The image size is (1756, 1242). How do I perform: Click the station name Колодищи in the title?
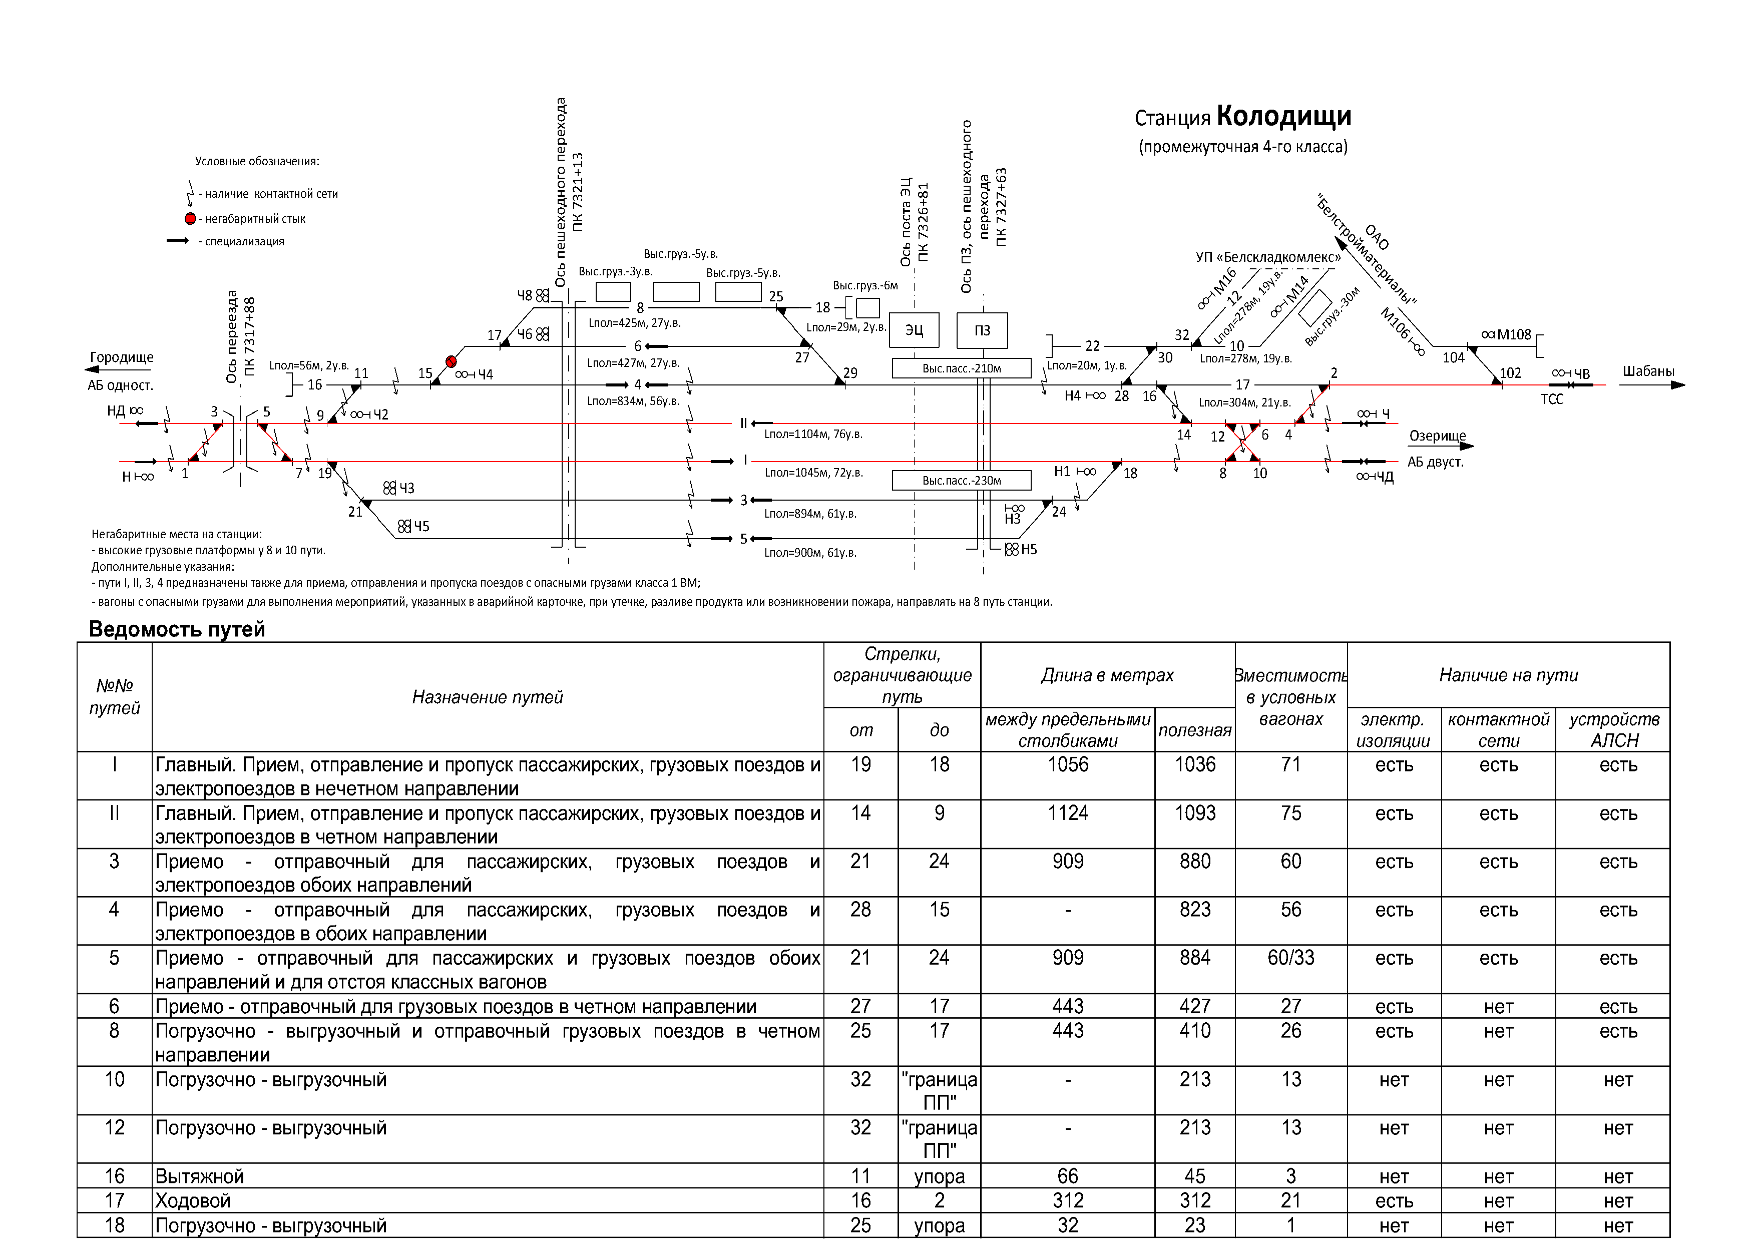coord(1283,116)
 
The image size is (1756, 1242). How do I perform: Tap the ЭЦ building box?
coord(914,330)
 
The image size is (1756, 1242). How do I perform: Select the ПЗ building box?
coord(982,330)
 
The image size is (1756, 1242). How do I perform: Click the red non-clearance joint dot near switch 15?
coord(451,361)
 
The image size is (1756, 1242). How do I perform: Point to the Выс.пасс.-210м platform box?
coord(962,368)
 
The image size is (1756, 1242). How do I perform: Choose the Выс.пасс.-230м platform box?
coord(962,480)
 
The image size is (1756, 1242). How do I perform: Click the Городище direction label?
coord(122,357)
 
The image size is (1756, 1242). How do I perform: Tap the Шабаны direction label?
coord(1648,371)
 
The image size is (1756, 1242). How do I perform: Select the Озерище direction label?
coord(1437,436)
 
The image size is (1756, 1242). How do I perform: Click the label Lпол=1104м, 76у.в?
coord(813,435)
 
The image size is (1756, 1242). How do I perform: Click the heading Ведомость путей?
coord(177,629)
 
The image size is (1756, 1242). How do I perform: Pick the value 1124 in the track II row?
coord(1068,813)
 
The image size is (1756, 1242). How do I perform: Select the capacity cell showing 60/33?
coord(1290,958)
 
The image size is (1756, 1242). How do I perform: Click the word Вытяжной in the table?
coord(200,1176)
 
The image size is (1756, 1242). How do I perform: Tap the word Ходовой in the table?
coord(193,1201)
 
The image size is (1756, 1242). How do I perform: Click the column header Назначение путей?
coord(487,697)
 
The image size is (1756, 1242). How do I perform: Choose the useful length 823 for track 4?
coord(1195,910)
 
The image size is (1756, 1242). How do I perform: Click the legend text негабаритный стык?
coord(255,219)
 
